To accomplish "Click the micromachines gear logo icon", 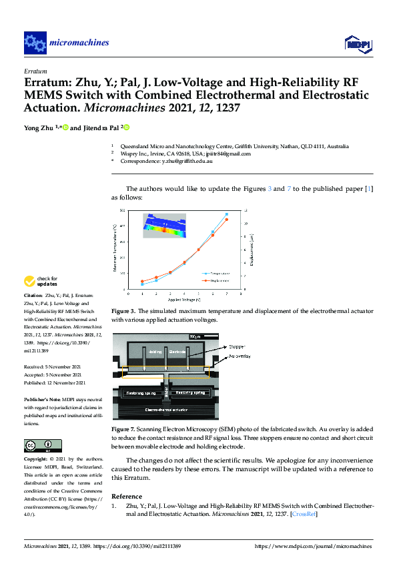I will click(x=35, y=43).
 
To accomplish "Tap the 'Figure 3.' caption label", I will click(x=123, y=311).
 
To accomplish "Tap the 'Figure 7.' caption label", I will click(x=123, y=428).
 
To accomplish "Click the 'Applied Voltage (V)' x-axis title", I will click(x=184, y=300).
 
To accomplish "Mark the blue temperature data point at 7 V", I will click(x=227, y=214).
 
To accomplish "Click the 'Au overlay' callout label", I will click(x=241, y=357).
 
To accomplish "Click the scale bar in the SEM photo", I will click(x=195, y=336).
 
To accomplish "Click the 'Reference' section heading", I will click(x=127, y=497).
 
